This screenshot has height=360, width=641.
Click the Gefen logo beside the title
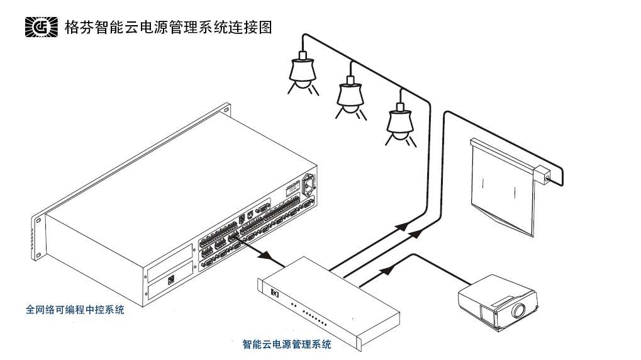pos(40,27)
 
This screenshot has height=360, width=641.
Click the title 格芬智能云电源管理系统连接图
pos(169,27)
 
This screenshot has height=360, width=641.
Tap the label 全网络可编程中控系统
pos(75,310)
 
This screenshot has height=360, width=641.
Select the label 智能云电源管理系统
pos(286,344)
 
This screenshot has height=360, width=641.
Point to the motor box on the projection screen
pos(542,172)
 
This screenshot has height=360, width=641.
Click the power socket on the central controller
pos(309,184)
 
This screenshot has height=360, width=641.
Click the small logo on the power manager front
pos(274,293)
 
